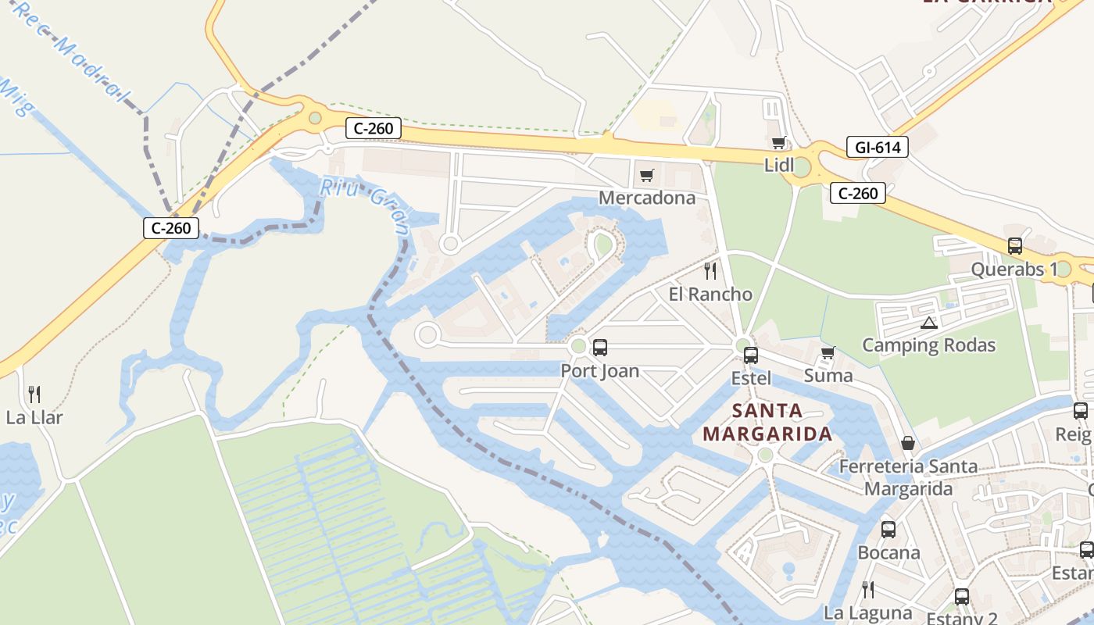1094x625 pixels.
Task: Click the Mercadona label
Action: click(646, 198)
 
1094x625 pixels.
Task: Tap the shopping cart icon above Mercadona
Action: click(646, 175)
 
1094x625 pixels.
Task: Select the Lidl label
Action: click(778, 165)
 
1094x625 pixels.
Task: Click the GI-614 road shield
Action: click(877, 147)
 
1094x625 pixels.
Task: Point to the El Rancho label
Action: click(710, 295)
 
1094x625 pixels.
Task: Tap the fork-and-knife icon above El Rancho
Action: click(710, 271)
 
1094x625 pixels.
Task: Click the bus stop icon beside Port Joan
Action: click(600, 348)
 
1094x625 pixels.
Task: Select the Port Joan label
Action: click(600, 371)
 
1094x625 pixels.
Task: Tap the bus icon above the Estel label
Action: click(751, 355)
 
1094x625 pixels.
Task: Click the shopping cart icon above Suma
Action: click(828, 352)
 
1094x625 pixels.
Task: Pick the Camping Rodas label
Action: click(928, 345)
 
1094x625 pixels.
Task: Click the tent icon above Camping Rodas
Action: click(928, 323)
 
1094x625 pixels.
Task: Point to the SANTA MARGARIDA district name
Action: click(767, 422)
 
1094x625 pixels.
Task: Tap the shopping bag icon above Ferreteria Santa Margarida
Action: click(908, 444)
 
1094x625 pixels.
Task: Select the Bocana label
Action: click(888, 552)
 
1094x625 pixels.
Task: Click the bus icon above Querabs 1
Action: click(1014, 246)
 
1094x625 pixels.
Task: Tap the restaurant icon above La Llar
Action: click(34, 394)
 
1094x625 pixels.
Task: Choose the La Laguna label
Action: click(868, 612)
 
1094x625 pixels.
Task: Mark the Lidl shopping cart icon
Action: click(778, 142)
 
